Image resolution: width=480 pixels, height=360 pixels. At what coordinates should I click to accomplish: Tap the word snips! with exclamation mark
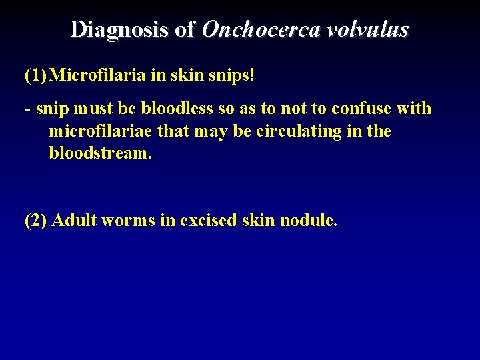(x=231, y=75)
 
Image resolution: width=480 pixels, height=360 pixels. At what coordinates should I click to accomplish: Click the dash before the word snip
(x=27, y=109)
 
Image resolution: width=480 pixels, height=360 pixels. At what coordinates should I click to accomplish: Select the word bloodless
(x=176, y=108)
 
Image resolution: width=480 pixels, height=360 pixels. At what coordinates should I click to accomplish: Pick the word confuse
(x=366, y=108)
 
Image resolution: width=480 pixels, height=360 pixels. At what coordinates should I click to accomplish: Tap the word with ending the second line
(x=414, y=108)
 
